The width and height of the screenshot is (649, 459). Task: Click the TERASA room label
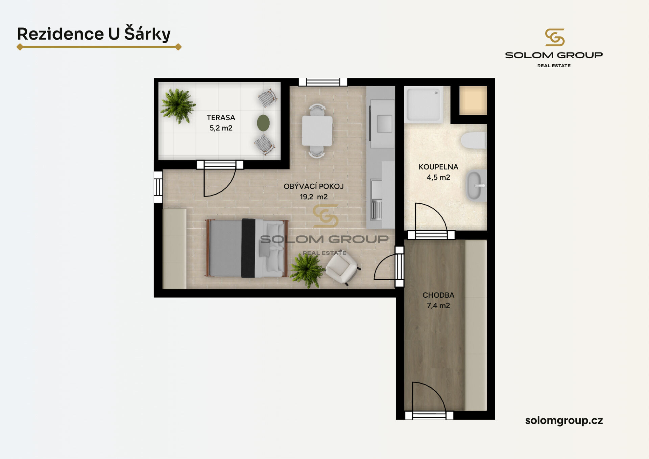[x=221, y=118]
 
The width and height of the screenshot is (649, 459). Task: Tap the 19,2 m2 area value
[x=314, y=197]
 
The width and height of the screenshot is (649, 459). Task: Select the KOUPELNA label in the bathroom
[x=438, y=167]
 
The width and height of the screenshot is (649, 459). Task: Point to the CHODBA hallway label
[x=438, y=295]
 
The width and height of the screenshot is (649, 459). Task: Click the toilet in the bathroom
[x=474, y=140]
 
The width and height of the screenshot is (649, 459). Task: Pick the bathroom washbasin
[x=476, y=186]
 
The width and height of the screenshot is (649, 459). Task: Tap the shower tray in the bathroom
[x=424, y=105]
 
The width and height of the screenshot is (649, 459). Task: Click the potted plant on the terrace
[x=177, y=106]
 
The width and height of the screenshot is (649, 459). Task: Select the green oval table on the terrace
[x=263, y=123]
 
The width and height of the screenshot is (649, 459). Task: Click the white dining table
[x=317, y=131]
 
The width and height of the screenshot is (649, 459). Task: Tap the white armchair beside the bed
[x=342, y=268]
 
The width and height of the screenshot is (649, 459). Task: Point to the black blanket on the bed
[x=248, y=248]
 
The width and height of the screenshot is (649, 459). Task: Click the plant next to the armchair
[x=307, y=270]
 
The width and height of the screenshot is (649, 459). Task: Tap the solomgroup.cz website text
[x=564, y=420]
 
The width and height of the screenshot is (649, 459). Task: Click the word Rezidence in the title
[x=61, y=34]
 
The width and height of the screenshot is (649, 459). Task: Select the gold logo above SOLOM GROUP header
[x=555, y=37]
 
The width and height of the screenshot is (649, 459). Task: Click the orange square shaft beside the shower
[x=473, y=100]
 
